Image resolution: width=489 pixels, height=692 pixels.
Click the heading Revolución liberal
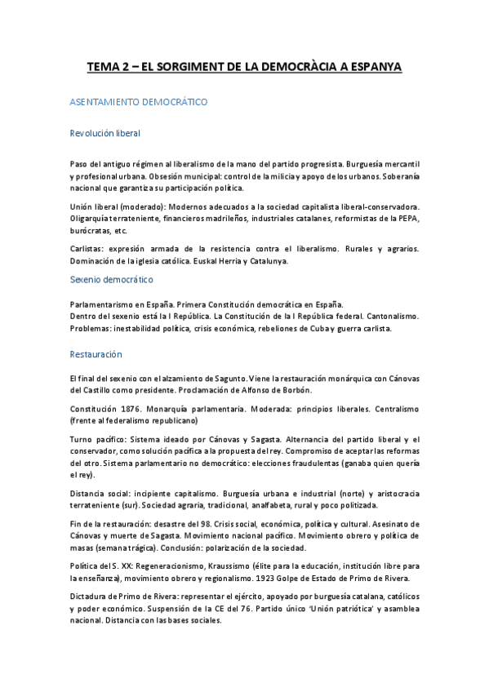pos(105,134)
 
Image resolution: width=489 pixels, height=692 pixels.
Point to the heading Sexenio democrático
pos(112,279)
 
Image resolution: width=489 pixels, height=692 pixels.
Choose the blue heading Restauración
pos(96,354)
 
